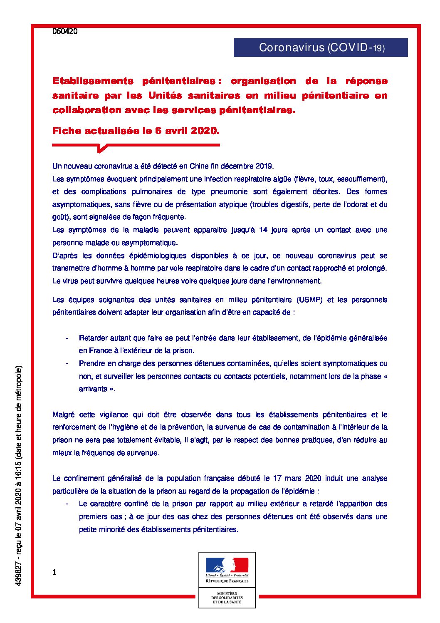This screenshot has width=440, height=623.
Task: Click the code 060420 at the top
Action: point(65,31)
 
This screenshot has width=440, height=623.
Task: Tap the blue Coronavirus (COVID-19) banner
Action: point(321,47)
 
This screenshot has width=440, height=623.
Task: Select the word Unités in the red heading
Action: point(165,95)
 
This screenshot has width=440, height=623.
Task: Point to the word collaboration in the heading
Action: point(87,110)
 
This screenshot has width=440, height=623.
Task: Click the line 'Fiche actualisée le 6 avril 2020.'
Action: point(136,131)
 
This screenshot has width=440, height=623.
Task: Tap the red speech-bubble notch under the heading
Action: point(101,148)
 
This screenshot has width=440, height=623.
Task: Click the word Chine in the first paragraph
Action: point(199,166)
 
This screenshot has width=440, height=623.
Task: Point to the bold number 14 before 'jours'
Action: point(263,230)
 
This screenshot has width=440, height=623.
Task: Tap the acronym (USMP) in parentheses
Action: point(309,300)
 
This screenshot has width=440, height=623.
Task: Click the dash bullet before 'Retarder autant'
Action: point(67,338)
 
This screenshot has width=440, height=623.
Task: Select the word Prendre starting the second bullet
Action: point(91,363)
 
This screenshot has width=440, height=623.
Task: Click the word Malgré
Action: point(64,415)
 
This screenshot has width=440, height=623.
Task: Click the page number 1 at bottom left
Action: point(54,572)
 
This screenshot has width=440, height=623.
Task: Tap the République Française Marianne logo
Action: point(227,568)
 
